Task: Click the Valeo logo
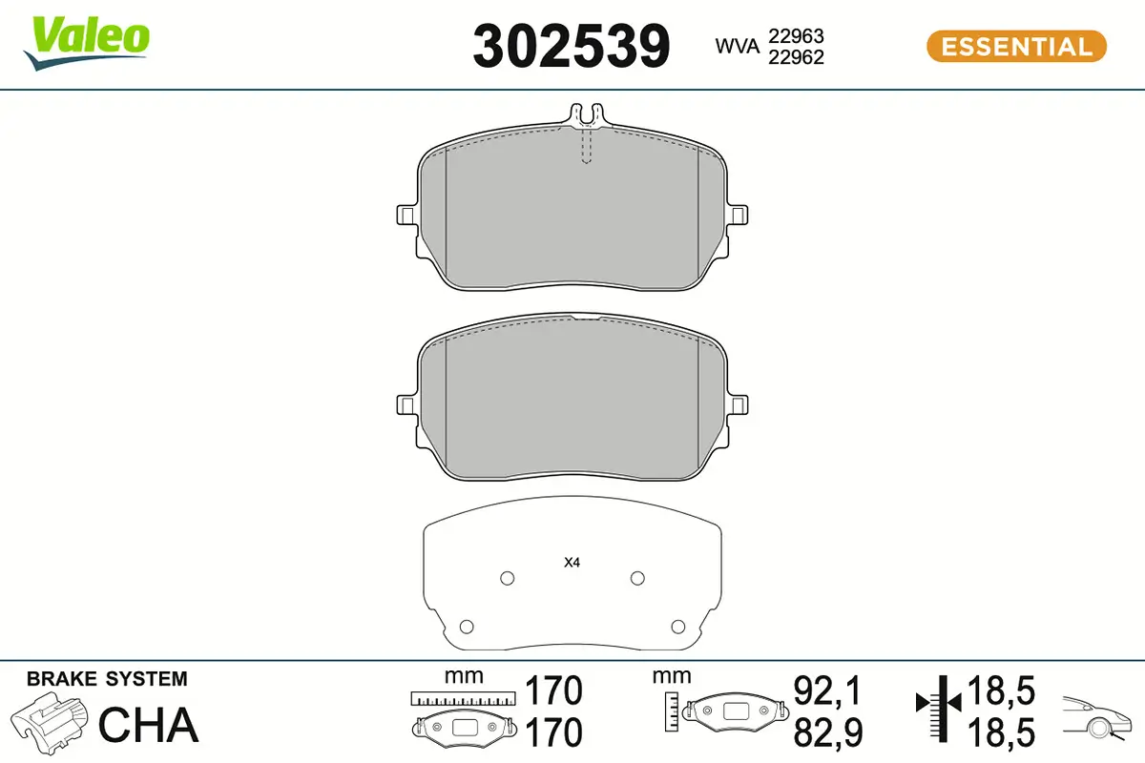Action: tap(87, 44)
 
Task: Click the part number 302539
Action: tap(571, 47)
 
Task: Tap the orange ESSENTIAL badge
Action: tap(1016, 47)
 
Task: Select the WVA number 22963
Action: tap(796, 36)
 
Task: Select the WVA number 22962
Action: tap(796, 57)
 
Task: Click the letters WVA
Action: tap(737, 47)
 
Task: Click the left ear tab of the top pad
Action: tap(407, 216)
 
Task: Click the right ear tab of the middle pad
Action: tap(737, 404)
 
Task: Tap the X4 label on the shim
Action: tap(572, 563)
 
